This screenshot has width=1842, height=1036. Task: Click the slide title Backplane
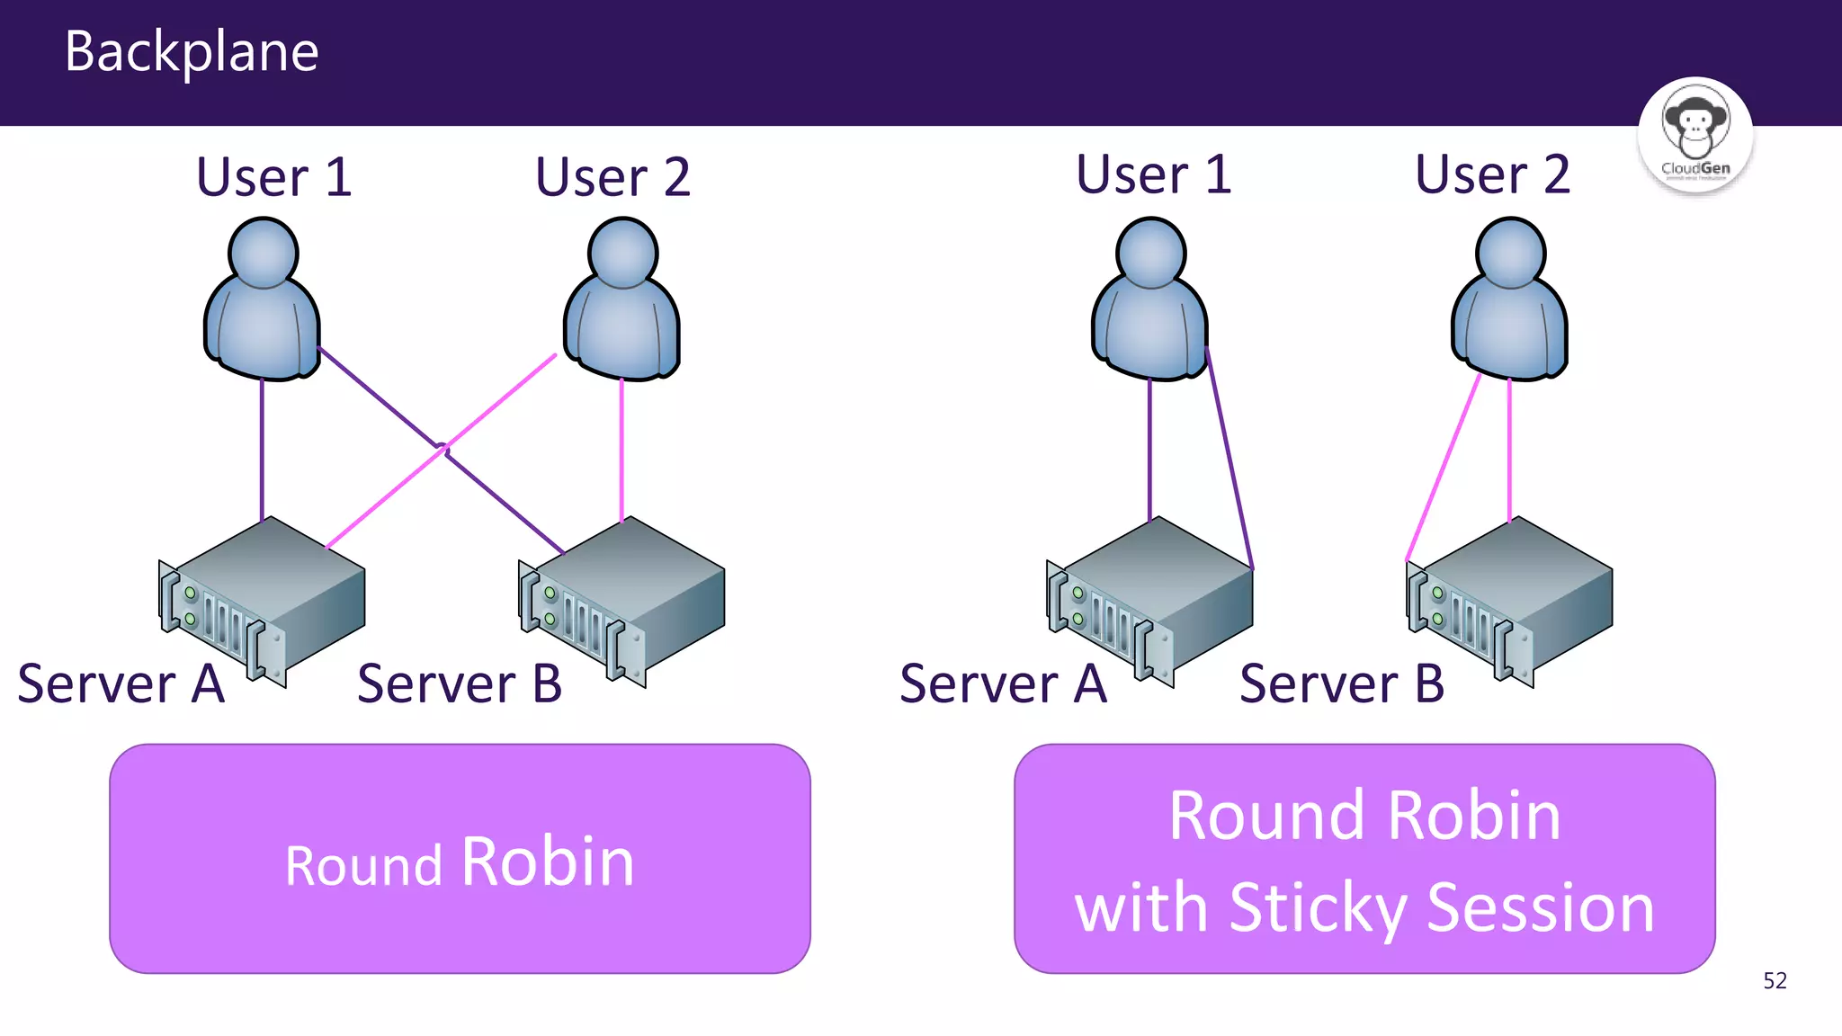(192, 52)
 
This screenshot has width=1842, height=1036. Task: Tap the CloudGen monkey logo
(1694, 135)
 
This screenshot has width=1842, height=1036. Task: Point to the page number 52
(1775, 980)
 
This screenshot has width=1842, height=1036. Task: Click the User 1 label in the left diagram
(273, 177)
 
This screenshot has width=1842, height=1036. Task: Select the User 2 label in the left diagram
(613, 177)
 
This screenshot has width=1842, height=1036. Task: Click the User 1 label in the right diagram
(1153, 174)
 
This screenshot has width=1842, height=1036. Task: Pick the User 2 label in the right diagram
(1492, 174)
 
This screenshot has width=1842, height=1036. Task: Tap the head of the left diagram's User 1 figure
(263, 254)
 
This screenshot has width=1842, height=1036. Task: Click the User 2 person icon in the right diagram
(1510, 301)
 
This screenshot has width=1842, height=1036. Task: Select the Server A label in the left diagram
(121, 683)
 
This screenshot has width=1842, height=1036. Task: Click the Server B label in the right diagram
(1341, 683)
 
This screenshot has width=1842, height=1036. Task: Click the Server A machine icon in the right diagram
(1151, 598)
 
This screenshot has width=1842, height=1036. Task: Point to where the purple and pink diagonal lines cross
(443, 447)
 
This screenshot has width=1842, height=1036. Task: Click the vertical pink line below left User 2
(621, 450)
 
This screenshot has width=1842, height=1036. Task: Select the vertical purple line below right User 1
(1149, 450)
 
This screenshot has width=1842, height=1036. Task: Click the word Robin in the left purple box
(548, 862)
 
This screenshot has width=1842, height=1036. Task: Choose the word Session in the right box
(1540, 908)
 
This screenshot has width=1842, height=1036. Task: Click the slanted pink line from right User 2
(1444, 468)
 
